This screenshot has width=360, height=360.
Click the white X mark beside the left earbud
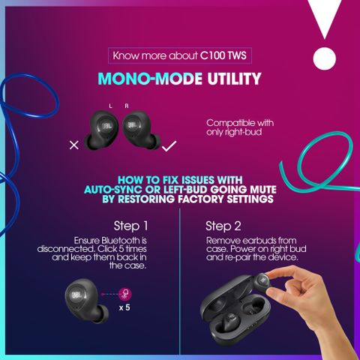tap(74, 145)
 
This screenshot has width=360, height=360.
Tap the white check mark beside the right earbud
tap(169, 145)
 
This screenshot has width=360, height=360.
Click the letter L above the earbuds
tap(110, 106)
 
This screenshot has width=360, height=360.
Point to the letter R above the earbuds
tap(127, 106)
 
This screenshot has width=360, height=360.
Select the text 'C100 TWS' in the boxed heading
tap(223, 55)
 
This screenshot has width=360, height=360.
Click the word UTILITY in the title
tap(234, 79)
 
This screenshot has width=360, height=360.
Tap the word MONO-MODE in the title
tap(150, 79)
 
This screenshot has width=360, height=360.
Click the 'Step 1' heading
tap(130, 226)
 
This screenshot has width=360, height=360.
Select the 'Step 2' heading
tap(223, 226)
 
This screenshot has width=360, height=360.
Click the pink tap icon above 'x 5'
tap(125, 294)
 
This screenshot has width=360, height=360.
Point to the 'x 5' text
tap(124, 307)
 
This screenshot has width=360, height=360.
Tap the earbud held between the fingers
tap(262, 283)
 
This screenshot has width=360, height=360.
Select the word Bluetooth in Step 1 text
tap(121, 241)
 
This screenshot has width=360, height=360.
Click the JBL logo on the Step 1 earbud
tap(76, 295)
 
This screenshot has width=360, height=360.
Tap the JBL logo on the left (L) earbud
tap(106, 126)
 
